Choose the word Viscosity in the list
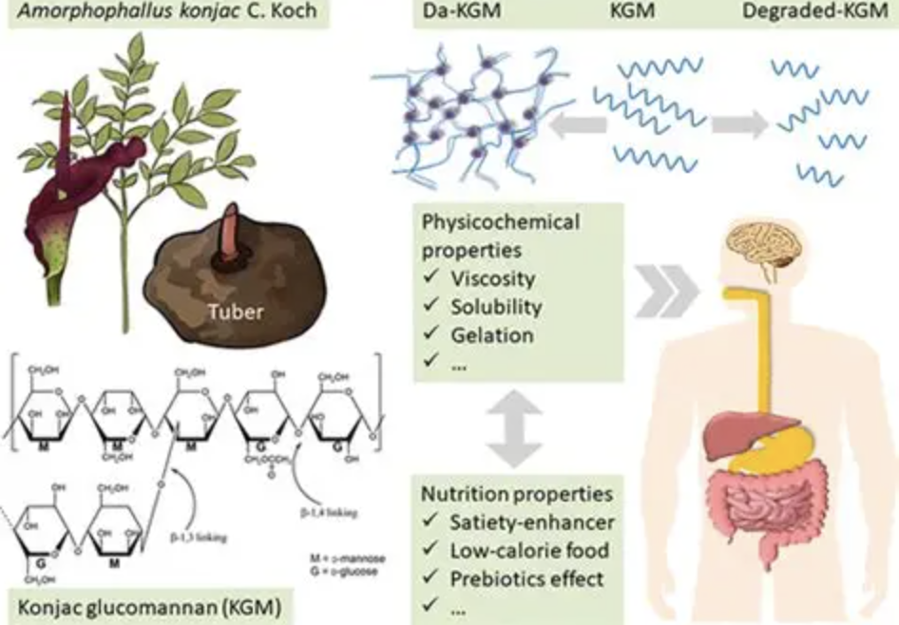(x=493, y=279)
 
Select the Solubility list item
(x=496, y=307)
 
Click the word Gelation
(x=492, y=334)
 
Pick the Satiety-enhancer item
(x=532, y=522)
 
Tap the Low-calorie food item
(x=530, y=550)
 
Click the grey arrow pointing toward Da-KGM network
(x=581, y=125)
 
